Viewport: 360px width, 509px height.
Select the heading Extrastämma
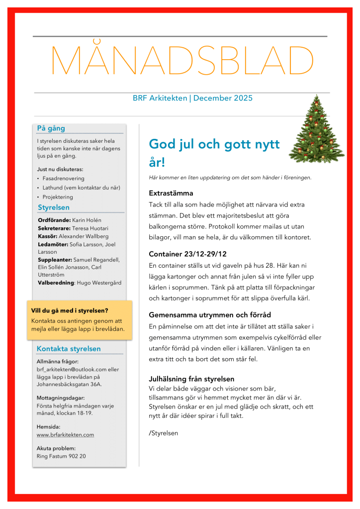[x=171, y=193]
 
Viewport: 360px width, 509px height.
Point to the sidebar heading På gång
[x=51, y=128]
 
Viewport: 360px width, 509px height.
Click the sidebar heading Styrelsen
[x=54, y=207]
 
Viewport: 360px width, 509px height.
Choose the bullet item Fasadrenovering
[x=64, y=178]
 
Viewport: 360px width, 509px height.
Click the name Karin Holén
[x=87, y=219]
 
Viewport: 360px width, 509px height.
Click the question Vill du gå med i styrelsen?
[x=70, y=311]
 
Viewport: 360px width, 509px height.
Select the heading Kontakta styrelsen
[x=69, y=349]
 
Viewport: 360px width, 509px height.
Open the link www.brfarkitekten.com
[x=65, y=434]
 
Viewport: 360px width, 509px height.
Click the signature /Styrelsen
[x=164, y=433]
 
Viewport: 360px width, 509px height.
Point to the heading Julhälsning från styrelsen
[x=191, y=379]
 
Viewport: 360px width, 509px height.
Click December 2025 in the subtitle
[x=223, y=98]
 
